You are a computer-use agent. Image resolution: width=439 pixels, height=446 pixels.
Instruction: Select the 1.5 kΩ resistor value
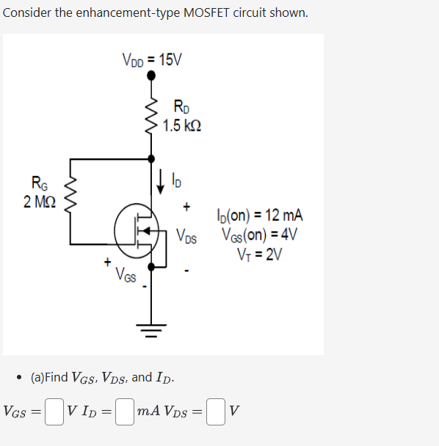coord(182,125)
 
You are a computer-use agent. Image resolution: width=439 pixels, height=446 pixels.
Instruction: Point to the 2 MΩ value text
coord(37,201)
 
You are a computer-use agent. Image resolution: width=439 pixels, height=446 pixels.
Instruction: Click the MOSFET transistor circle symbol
coord(137,231)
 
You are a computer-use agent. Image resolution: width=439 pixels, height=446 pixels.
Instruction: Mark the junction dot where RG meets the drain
coord(151,158)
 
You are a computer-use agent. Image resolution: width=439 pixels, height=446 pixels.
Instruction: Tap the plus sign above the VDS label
coord(187,208)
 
